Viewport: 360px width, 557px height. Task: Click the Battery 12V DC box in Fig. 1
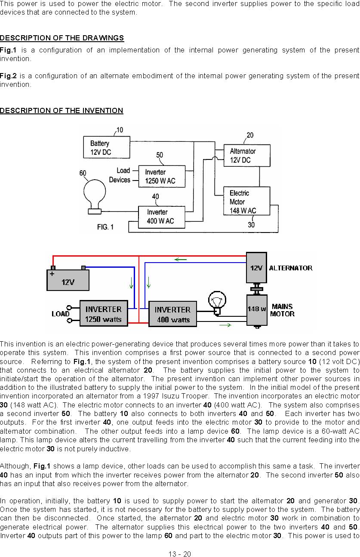(x=107, y=147)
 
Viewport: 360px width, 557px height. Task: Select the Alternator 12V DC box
(x=247, y=156)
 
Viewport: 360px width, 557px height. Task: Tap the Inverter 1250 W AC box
(x=162, y=176)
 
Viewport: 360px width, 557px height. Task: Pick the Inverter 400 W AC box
(x=162, y=217)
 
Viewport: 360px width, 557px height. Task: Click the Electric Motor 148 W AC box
(x=246, y=201)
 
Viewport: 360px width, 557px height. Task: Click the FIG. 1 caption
(x=105, y=227)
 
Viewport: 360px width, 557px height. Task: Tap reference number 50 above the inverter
(x=160, y=155)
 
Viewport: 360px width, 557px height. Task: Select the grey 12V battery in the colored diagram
(x=68, y=278)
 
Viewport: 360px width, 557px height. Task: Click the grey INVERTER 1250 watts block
(x=104, y=313)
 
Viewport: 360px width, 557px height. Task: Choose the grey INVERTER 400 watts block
(x=172, y=314)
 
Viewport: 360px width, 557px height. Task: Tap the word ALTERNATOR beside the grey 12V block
(x=291, y=268)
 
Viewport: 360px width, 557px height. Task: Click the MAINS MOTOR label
(x=283, y=310)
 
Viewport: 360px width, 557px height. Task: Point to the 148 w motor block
(x=257, y=310)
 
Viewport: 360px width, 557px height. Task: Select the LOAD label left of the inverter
(x=61, y=314)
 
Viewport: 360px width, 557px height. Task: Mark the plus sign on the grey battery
(x=52, y=274)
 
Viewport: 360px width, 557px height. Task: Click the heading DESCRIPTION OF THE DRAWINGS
(x=62, y=38)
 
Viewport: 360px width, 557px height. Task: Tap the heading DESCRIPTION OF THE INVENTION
(x=62, y=110)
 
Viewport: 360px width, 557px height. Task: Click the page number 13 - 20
(x=180, y=554)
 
